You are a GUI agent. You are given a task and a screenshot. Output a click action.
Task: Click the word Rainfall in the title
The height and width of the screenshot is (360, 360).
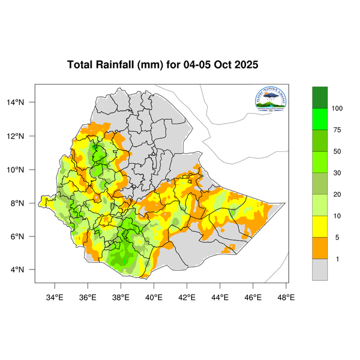(x=117, y=65)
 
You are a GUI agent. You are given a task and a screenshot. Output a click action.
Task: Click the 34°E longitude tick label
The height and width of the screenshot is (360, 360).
(x=55, y=297)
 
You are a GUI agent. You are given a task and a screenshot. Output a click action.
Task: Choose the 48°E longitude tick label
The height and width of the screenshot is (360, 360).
(x=286, y=297)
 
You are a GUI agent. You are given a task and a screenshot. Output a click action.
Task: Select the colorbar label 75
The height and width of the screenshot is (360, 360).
(x=337, y=130)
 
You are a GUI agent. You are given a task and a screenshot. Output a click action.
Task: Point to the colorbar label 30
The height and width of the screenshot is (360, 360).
(x=337, y=173)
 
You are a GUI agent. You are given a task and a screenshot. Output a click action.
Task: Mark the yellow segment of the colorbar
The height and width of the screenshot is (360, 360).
(x=320, y=226)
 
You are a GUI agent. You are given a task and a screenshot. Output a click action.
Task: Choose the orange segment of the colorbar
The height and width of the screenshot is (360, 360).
(x=320, y=248)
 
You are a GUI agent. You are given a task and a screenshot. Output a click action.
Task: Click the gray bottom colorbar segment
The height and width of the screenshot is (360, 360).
(x=320, y=269)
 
